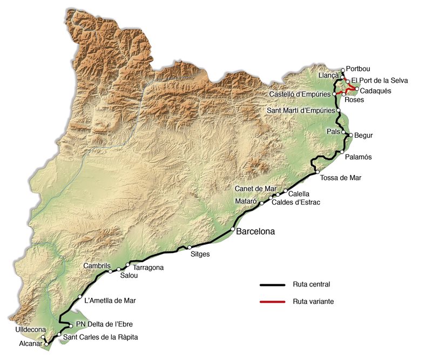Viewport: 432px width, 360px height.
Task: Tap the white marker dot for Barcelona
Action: pyautogui.click(x=233, y=230)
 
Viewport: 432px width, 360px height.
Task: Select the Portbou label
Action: pyautogui.click(x=359, y=70)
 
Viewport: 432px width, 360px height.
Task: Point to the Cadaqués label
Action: pyautogui.click(x=376, y=90)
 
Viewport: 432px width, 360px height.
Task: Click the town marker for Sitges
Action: pyautogui.click(x=190, y=248)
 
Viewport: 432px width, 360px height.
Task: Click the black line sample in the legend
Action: pyautogui.click(x=272, y=284)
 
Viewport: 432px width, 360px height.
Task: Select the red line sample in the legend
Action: pyautogui.click(x=272, y=301)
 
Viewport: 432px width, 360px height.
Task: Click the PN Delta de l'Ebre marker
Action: pyautogui.click(x=71, y=326)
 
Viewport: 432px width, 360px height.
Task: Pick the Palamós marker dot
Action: pyautogui.click(x=341, y=152)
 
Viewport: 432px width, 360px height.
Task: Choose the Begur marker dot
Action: pyautogui.click(x=350, y=135)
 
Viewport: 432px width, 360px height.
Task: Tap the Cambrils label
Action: pyautogui.click(x=97, y=266)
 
